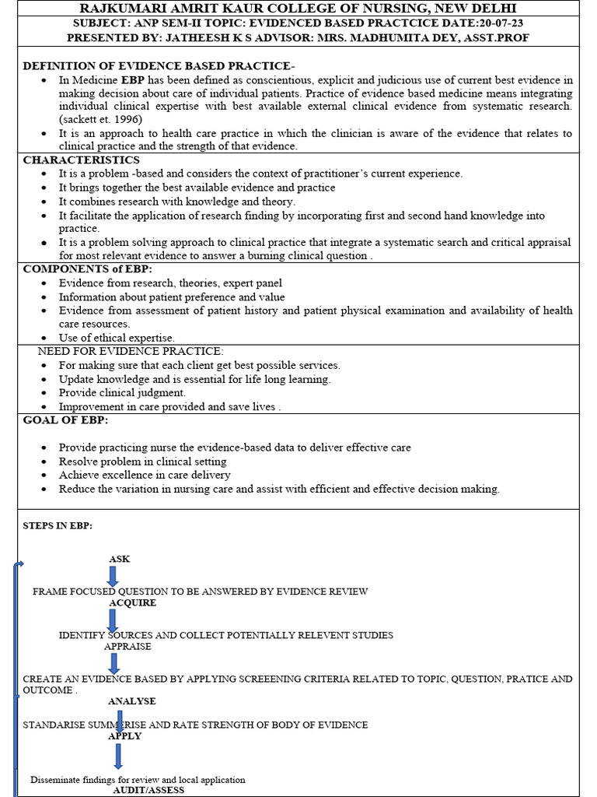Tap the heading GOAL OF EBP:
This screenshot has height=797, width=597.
pyautogui.click(x=65, y=420)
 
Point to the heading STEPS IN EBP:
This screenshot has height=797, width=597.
pyautogui.click(x=58, y=525)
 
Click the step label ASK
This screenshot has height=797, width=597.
pyautogui.click(x=120, y=559)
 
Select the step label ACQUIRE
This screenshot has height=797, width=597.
pyautogui.click(x=132, y=602)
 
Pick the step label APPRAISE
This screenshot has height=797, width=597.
pyautogui.click(x=127, y=646)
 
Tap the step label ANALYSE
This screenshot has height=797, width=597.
pyautogui.click(x=131, y=701)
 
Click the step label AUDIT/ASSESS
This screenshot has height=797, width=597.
pyautogui.click(x=148, y=790)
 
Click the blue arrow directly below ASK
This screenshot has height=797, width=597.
pyautogui.click(x=113, y=576)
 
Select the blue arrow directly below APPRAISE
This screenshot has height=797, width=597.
pyautogui.click(x=114, y=662)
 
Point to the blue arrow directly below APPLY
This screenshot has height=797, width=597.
pyautogui.click(x=117, y=756)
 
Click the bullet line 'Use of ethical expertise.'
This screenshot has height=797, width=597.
pyautogui.click(x=117, y=338)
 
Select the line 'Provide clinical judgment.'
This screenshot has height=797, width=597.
pyautogui.click(x=122, y=393)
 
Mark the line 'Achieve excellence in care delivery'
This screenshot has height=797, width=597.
pyautogui.click(x=145, y=475)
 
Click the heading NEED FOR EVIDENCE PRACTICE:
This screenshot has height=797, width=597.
pyautogui.click(x=131, y=351)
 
